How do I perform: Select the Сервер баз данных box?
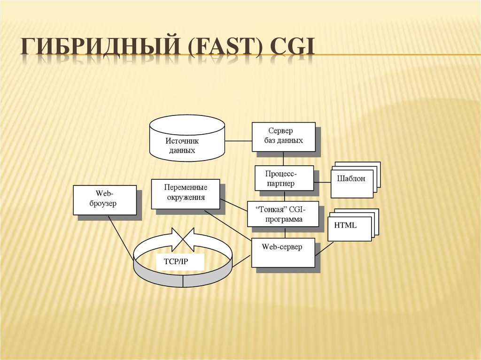(283, 136)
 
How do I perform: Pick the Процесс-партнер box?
(284, 178)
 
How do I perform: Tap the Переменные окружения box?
(185, 193)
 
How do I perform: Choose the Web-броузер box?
(105, 200)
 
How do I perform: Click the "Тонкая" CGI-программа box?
(283, 214)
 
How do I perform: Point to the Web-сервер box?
(282, 252)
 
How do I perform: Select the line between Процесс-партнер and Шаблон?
(322, 182)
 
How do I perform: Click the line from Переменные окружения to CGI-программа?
(233, 206)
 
